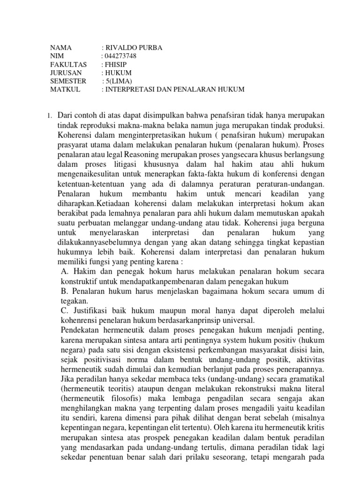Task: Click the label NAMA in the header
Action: click(61, 48)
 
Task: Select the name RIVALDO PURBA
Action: click(135, 48)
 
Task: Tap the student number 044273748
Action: click(121, 56)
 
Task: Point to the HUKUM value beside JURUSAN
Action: click(119, 73)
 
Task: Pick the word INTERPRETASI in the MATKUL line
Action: click(132, 89)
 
